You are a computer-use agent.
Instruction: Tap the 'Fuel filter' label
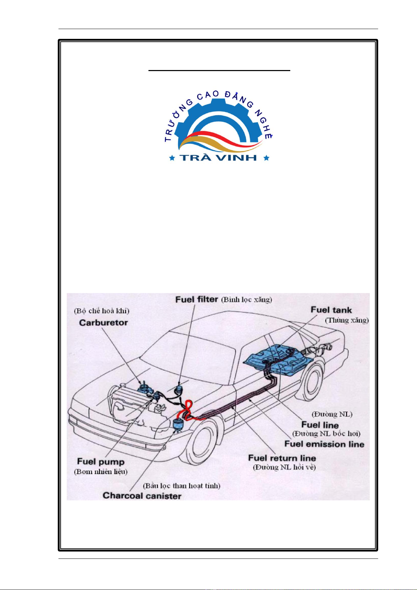[x=197, y=299]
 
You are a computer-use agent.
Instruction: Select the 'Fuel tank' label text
[x=331, y=310]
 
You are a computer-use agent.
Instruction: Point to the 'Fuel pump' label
[x=100, y=462]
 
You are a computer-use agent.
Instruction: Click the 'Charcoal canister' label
[x=142, y=496]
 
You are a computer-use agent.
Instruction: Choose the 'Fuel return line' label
[x=282, y=458]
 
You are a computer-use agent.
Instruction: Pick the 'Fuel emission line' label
[x=324, y=444]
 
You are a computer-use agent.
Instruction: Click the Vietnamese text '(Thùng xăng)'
[x=347, y=320]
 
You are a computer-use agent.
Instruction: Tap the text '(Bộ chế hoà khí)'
[x=102, y=311]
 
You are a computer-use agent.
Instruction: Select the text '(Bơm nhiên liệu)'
[x=100, y=472]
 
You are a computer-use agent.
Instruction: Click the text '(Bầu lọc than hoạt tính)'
[x=181, y=485]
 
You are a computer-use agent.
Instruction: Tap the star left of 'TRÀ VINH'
[x=172, y=158]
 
